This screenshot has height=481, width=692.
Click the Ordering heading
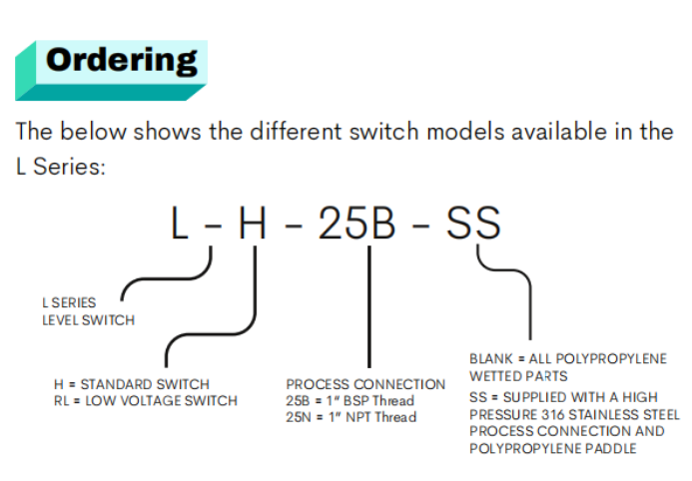coord(122,61)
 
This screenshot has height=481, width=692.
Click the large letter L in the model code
coord(180,224)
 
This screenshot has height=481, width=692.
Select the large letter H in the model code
coord(253,224)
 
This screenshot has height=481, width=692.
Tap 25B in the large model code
coord(356,224)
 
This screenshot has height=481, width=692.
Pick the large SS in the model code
coord(473,224)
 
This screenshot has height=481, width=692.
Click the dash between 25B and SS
coord(421,227)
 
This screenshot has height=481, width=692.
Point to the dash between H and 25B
coord(294,227)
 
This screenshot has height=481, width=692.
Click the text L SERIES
coord(69,303)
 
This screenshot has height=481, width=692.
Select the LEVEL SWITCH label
coord(88,320)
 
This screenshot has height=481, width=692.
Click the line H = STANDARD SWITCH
coord(132,384)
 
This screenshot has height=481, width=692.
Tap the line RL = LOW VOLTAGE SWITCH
coord(146,401)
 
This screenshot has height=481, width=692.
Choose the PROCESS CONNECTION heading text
coord(365,384)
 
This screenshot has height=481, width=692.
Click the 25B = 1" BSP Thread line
coord(349,401)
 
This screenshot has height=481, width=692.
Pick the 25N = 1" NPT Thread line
coord(350,417)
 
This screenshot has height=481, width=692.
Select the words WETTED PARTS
coord(518,376)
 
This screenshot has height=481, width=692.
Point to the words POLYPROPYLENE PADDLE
coord(553,449)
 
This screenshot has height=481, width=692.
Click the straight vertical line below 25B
coord(369,306)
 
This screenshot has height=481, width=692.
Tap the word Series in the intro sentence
coord(69,167)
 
